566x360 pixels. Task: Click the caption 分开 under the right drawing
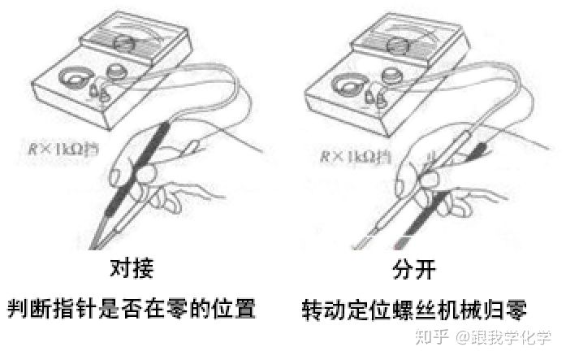(414, 268)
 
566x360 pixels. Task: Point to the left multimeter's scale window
(123, 40)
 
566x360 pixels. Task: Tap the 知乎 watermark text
(429, 337)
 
